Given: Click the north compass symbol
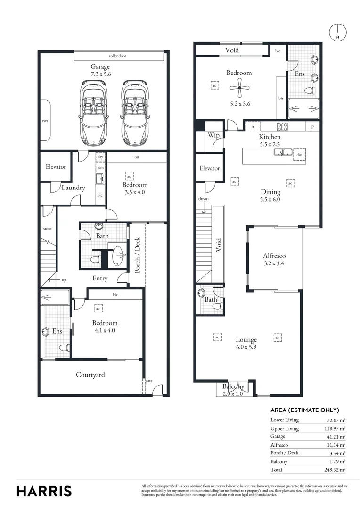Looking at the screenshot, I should [337, 32].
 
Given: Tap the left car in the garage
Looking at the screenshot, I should [93, 113].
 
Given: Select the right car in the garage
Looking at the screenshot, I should [135, 113].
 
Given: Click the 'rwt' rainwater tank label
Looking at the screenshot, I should [45, 121].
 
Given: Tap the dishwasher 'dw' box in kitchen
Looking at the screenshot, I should [299, 154].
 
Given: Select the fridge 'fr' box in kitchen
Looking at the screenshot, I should [253, 127].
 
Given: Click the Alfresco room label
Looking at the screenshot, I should [275, 256].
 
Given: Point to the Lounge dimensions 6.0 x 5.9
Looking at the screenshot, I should [246, 347].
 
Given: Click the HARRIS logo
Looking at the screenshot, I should [44, 491].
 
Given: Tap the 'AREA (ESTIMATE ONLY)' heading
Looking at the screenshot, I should [304, 410].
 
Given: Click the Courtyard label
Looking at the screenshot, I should [90, 375].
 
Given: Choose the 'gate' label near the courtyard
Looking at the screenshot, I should [148, 380].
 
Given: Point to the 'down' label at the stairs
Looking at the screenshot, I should [204, 199].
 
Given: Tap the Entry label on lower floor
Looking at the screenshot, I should [100, 279].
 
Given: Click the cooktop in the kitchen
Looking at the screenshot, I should [282, 126].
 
